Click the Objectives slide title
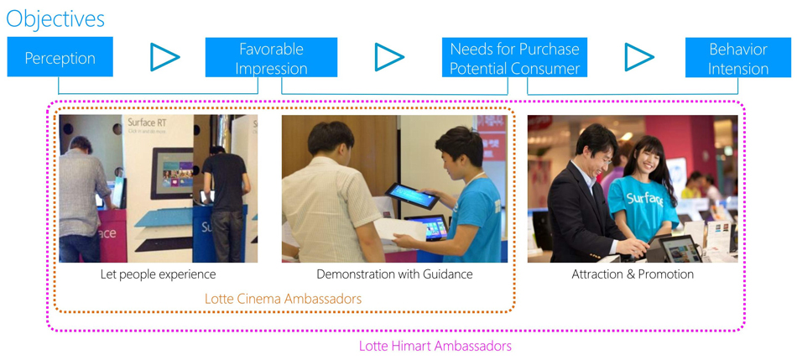55,18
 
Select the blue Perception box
60,56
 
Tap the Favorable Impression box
272,57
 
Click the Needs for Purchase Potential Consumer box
514,57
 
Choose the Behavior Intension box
738,57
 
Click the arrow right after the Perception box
164,57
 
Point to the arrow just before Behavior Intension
639,57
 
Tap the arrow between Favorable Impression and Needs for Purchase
389,57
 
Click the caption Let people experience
158,274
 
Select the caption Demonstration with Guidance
394,274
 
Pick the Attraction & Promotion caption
633,274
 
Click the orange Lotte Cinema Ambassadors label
283,299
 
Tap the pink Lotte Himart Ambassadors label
435,347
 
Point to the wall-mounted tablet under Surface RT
172,173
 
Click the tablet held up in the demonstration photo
412,196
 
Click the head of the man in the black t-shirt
217,151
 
